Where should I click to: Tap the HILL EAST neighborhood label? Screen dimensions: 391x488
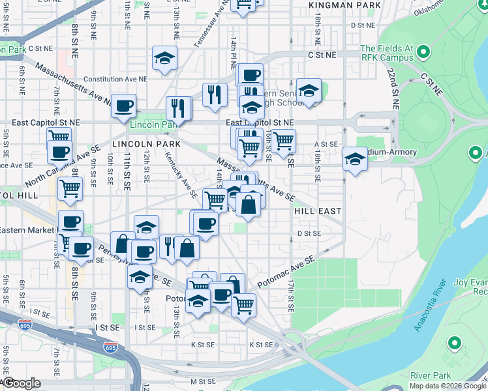(x=318, y=212)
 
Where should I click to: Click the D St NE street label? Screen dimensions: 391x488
(x=363, y=25)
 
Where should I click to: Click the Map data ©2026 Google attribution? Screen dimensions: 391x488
(x=448, y=386)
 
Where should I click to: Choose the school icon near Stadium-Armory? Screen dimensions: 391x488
(x=354, y=158)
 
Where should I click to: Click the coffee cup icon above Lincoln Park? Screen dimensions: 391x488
(x=123, y=106)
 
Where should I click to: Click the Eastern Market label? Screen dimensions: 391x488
(x=27, y=230)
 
